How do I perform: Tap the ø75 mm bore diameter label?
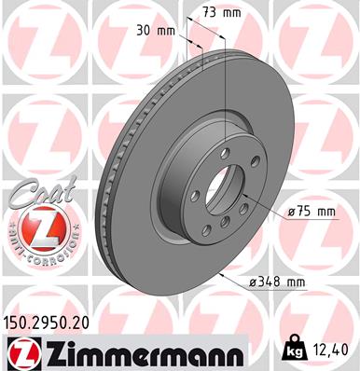pyautogui.click(x=311, y=212)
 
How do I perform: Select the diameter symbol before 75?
pyautogui.click(x=292, y=213)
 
